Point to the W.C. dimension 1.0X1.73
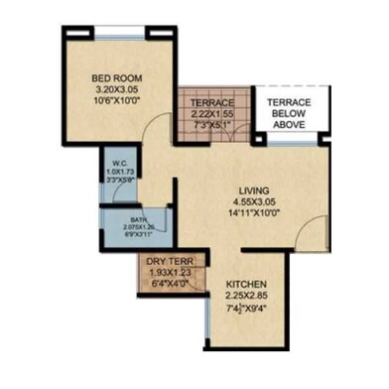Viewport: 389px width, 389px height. [117, 173]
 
